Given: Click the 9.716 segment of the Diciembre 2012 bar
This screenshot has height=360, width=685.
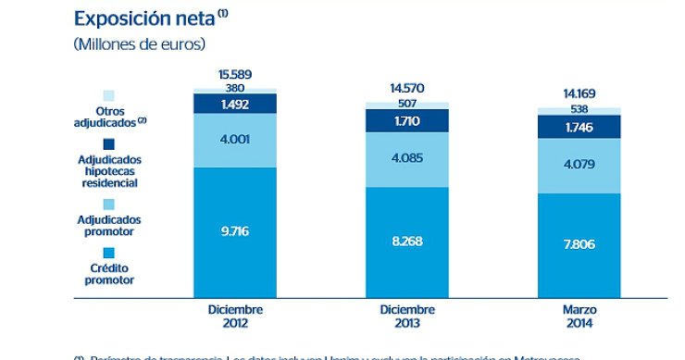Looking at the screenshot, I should [235, 232].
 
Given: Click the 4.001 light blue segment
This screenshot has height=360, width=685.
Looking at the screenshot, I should [235, 141].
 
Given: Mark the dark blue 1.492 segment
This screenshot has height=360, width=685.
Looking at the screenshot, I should [235, 104].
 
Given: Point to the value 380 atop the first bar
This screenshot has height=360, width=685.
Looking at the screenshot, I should [235, 88].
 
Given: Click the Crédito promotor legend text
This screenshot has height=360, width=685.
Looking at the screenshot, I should [110, 273].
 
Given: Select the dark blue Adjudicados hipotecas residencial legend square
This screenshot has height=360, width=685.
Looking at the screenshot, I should [109, 143].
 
